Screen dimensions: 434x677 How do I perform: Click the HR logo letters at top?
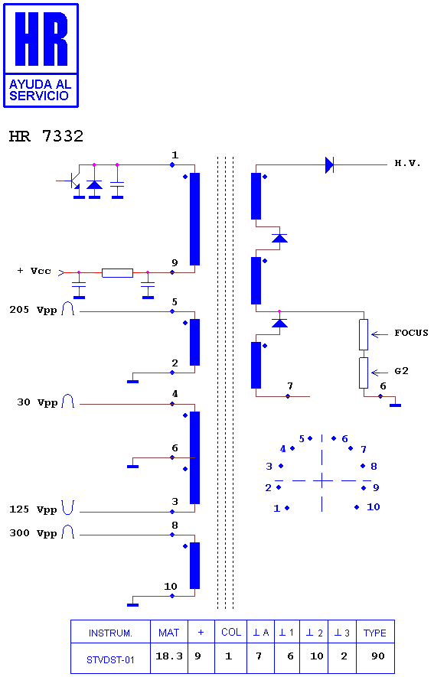pyautogui.click(x=41, y=39)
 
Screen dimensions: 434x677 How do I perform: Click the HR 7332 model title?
pyautogui.click(x=46, y=136)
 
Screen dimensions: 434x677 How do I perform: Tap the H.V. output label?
pyautogui.click(x=407, y=163)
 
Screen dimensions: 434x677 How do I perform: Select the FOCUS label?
pyautogui.click(x=411, y=333)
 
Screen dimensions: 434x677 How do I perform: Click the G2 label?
pyautogui.click(x=401, y=371)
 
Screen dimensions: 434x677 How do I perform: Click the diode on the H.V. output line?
pyautogui.click(x=329, y=164)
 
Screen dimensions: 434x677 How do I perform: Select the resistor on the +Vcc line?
pyautogui.click(x=117, y=272)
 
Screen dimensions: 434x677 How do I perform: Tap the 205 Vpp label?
pyautogui.click(x=33, y=310)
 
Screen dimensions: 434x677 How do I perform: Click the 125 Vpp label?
pyautogui.click(x=33, y=509)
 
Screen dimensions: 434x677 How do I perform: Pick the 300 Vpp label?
pyautogui.click(x=33, y=533)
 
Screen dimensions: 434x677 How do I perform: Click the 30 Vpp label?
pyautogui.click(x=38, y=402)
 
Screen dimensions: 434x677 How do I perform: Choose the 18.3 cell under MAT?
pyautogui.click(x=169, y=656)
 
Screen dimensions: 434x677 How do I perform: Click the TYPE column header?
pyautogui.click(x=375, y=633)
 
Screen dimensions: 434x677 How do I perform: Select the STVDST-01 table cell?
pyautogui.click(x=110, y=659)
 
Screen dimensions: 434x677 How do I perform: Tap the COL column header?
pyautogui.click(x=231, y=632)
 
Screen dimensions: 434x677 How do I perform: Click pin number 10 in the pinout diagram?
pyautogui.click(x=373, y=507)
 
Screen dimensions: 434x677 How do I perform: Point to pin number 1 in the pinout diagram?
pyautogui.click(x=277, y=509)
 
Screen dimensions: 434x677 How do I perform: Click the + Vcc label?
pyautogui.click(x=34, y=271)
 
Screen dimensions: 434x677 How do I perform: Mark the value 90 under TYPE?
pyautogui.click(x=378, y=656)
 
